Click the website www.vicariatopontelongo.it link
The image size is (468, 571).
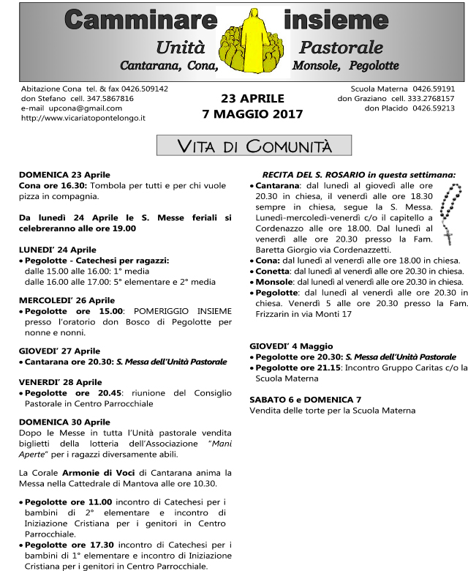[x=83, y=117]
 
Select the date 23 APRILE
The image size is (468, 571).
[x=252, y=98]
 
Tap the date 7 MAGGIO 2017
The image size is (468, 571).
[x=252, y=114]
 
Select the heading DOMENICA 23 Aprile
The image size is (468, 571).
[x=64, y=175]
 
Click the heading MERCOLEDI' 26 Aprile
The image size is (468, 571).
[x=67, y=300]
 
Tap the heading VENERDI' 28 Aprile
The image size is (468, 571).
[x=60, y=382]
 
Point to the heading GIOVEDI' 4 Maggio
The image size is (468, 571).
[x=291, y=346]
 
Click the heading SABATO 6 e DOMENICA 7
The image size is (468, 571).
[x=306, y=400]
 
